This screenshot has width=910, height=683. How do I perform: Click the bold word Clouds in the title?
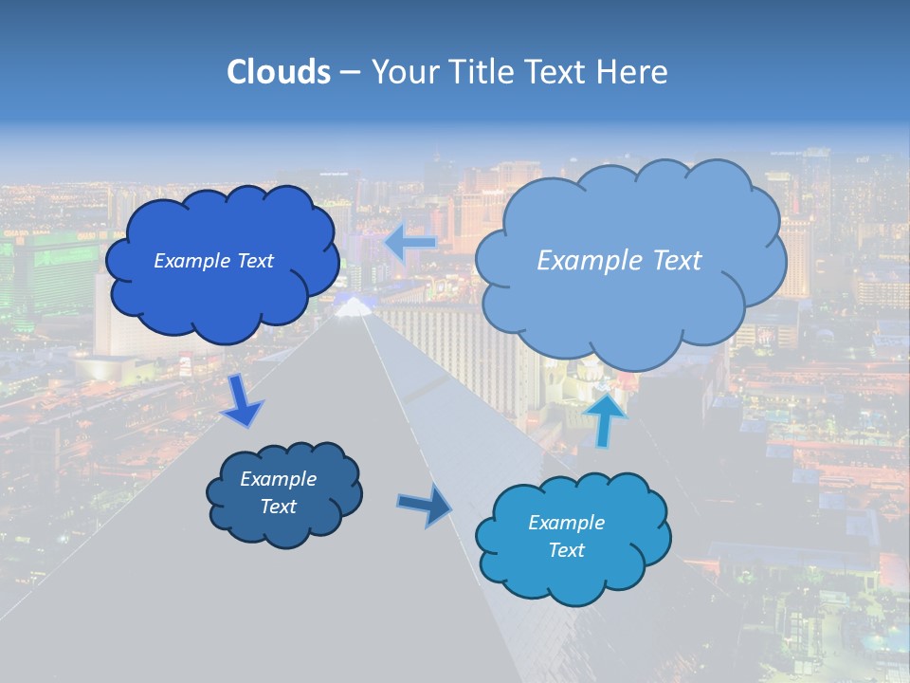[278, 72]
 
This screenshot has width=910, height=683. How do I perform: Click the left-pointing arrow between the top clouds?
[409, 243]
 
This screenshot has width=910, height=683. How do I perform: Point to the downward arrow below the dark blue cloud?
[242, 401]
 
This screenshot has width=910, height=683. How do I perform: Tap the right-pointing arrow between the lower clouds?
[424, 506]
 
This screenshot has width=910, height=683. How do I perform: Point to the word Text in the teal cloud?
[566, 550]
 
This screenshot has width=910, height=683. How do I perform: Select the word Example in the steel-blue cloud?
[278, 479]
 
